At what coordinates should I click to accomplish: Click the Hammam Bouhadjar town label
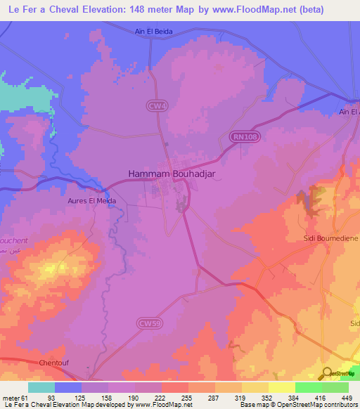pyautogui.click(x=162, y=172)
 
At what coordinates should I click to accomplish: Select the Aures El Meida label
pyautogui.click(x=97, y=200)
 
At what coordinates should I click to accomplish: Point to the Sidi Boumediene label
pyautogui.click(x=330, y=238)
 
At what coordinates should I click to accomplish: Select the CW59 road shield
pyautogui.click(x=145, y=323)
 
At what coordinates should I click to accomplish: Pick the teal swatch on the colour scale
pyautogui.click(x=41, y=387)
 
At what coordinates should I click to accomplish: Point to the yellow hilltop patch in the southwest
pyautogui.click(x=51, y=268)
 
